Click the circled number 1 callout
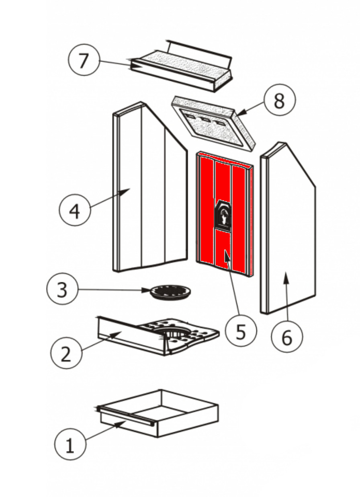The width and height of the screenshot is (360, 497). (x=70, y=444)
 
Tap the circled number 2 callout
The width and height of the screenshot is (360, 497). (x=66, y=353)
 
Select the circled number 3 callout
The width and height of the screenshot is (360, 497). (x=62, y=289)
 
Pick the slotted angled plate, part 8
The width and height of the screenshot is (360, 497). (x=213, y=125)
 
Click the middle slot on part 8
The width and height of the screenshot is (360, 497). (x=206, y=119)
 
